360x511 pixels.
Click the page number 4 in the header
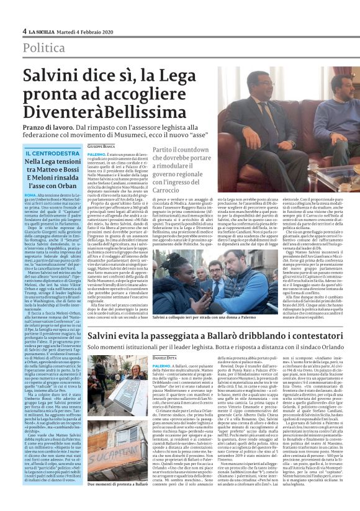[24, 31]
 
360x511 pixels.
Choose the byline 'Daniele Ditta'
[102, 358]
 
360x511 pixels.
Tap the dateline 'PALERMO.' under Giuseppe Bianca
[96, 153]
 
